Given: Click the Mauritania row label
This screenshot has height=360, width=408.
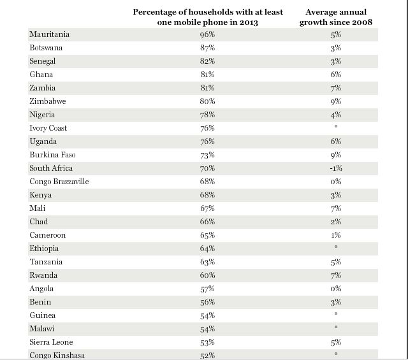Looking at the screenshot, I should point(49,34).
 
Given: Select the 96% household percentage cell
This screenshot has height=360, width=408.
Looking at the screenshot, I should point(207,34).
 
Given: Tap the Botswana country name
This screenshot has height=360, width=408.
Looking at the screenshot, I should point(46,48).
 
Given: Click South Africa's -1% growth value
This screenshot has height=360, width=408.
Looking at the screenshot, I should point(336,168).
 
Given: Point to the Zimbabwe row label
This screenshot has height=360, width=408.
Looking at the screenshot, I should point(47,101).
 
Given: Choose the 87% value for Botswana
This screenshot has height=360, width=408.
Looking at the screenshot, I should point(207,48).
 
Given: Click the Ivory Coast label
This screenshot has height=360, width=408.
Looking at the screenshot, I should point(48,128).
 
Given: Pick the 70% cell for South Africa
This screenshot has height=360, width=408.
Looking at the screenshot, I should point(207,168).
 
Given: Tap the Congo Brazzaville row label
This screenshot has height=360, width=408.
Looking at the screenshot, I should point(59,182).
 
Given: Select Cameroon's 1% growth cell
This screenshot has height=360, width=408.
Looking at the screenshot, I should point(336,235).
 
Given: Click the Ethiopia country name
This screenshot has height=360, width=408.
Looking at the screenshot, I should point(44,248).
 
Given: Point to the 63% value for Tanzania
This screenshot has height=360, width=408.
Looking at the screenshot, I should point(207,262).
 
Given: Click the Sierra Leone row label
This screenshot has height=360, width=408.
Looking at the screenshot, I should point(51,342).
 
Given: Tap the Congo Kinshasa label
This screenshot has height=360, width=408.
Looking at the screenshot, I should point(57,355).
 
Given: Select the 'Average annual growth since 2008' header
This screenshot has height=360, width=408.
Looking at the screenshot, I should point(336,17).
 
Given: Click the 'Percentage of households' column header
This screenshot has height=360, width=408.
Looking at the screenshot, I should point(208,17).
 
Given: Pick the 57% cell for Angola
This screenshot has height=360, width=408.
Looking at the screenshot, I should point(207,289).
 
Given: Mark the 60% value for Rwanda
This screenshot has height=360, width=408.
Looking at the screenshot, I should point(207,275).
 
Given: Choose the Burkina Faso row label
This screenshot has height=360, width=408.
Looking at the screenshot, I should point(52,155).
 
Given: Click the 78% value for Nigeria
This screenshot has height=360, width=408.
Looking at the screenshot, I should point(207,115).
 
